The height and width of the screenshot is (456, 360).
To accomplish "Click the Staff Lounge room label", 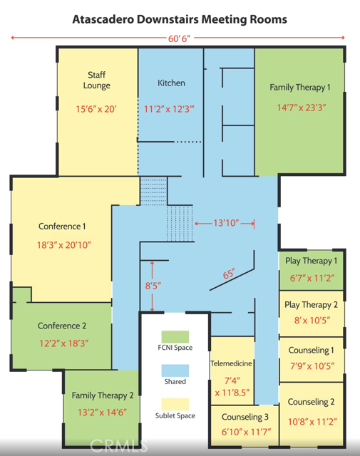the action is pos(97,81).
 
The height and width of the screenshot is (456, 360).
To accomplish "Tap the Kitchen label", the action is pos(171,83).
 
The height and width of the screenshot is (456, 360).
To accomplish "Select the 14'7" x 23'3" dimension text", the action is pos(302,108).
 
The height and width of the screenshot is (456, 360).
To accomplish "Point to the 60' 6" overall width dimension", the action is pos(179,38).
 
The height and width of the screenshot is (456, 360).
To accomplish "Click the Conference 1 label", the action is pos(62,227).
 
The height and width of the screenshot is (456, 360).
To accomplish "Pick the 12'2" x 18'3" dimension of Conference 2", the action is pos(64,343).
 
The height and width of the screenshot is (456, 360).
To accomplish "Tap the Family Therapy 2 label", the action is pos(103,396).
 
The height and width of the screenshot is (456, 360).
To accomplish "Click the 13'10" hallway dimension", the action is pos(226,223).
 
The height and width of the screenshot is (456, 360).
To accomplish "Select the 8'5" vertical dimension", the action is pos(153,286).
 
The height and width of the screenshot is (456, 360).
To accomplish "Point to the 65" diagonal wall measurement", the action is pos(229,274).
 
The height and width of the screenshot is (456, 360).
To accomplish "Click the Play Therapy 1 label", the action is pos(311,261).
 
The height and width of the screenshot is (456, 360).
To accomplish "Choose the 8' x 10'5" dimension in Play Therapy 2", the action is pos(312,321).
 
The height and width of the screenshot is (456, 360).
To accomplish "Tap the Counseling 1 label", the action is pos(311,350).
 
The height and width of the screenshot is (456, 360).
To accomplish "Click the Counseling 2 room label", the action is pos(311,402).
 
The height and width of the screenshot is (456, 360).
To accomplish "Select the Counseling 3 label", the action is pos(245,417).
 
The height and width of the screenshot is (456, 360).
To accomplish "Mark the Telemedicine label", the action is pos(232,363).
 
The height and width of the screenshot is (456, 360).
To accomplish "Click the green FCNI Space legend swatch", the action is pos(175,337).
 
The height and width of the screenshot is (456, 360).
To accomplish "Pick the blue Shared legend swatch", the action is pos(175,370).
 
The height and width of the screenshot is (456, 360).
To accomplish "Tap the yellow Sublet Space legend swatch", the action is pos(175,404).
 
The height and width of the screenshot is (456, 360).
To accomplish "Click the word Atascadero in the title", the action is pos(103,19).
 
